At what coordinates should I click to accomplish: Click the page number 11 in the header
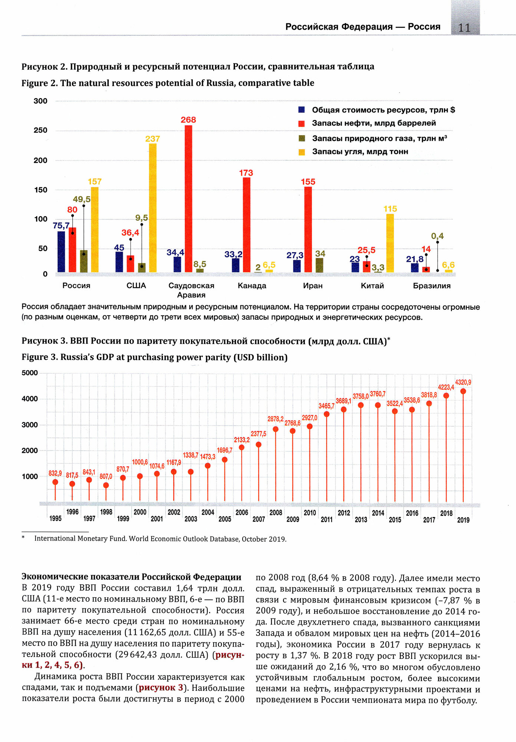(x=464, y=28)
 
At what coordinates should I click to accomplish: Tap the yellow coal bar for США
(x=152, y=208)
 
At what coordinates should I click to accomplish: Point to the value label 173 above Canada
(x=246, y=173)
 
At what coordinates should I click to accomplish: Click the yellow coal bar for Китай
(x=390, y=243)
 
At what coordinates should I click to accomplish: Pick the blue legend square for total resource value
(x=302, y=110)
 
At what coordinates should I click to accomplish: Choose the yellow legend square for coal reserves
(x=302, y=152)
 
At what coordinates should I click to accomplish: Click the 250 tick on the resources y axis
(x=40, y=130)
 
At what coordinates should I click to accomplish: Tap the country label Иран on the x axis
(x=313, y=286)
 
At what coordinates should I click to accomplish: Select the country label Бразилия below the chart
(x=432, y=286)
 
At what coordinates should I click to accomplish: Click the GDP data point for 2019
(x=463, y=391)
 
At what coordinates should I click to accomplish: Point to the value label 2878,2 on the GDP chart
(x=275, y=419)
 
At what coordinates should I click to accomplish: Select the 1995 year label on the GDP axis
(x=55, y=518)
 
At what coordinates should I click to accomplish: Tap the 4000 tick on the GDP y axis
(x=30, y=399)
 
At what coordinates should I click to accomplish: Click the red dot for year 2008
(x=276, y=429)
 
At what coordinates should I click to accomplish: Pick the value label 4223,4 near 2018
(x=446, y=387)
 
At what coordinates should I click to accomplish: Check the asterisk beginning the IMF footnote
(x=23, y=538)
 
